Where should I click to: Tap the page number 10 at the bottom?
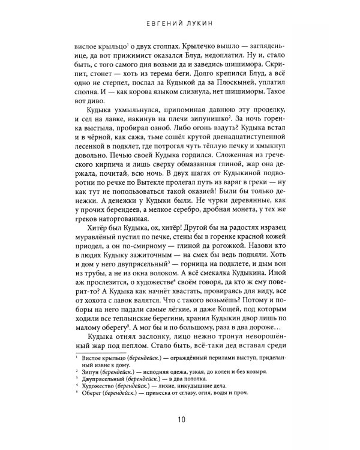point(180,418)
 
